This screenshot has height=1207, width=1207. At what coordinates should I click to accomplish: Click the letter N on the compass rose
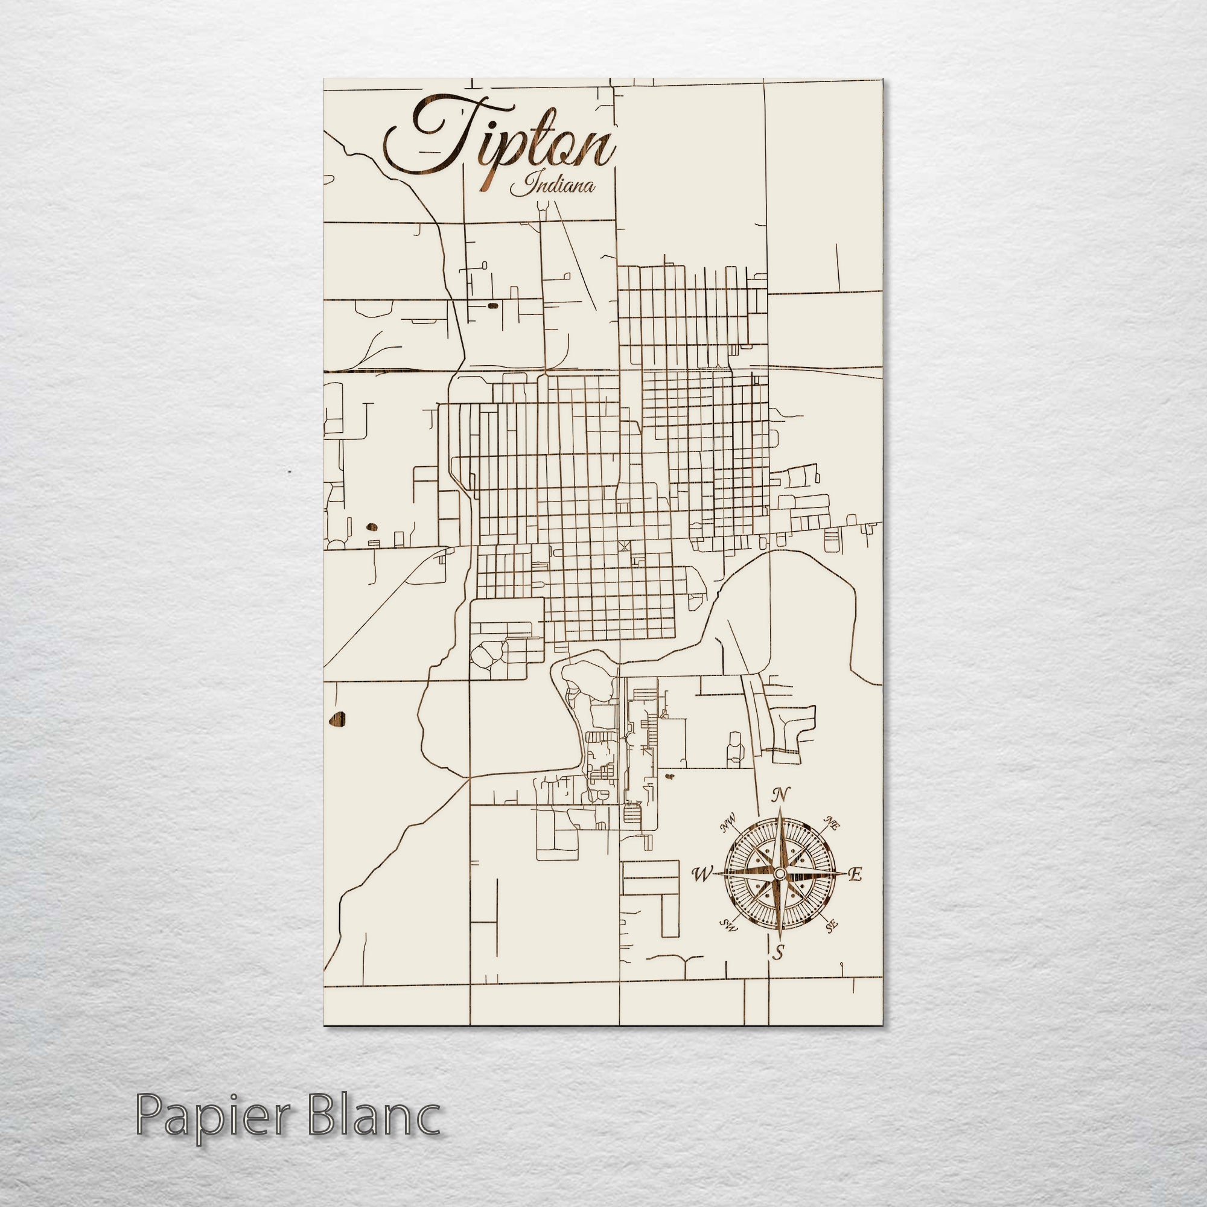pos(779,795)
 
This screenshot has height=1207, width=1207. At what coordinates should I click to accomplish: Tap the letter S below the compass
pos(779,953)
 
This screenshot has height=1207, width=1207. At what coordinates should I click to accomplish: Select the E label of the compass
pos(856,874)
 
